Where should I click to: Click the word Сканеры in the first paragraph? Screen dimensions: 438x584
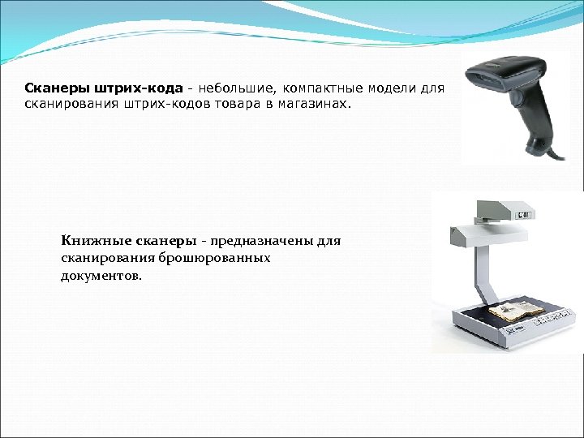click(x=50, y=88)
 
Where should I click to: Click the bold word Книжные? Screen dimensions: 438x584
click(x=90, y=241)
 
